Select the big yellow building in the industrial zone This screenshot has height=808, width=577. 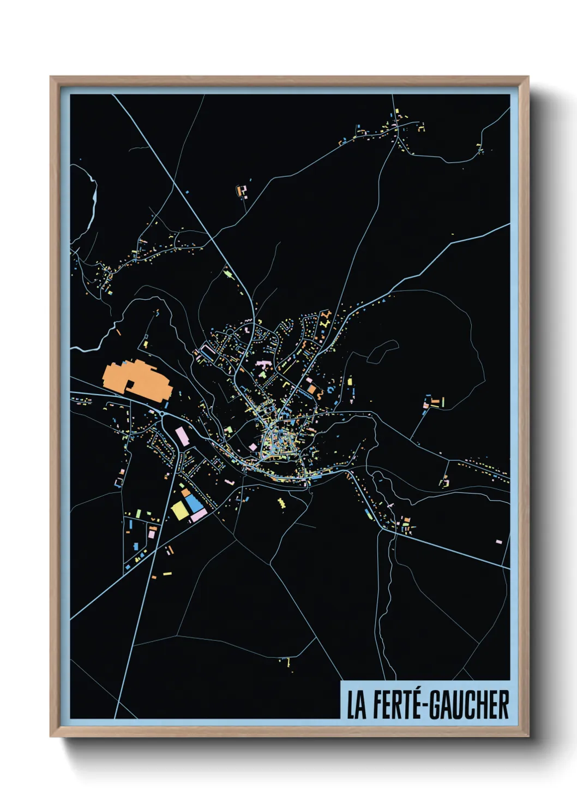pos(179,510)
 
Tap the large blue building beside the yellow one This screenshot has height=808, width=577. pos(194,503)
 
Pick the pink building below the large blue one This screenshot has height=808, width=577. pos(199,514)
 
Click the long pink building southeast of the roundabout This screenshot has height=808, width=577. pos(181,436)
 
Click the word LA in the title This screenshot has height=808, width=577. pos(357,705)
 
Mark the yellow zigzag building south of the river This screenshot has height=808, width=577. pos(281,502)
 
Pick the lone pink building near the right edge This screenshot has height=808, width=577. pos(498,542)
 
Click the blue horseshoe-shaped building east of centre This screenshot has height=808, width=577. pos(320,393)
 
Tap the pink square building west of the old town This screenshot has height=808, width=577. pos(253,447)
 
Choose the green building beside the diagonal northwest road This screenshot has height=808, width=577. pos(229,272)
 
